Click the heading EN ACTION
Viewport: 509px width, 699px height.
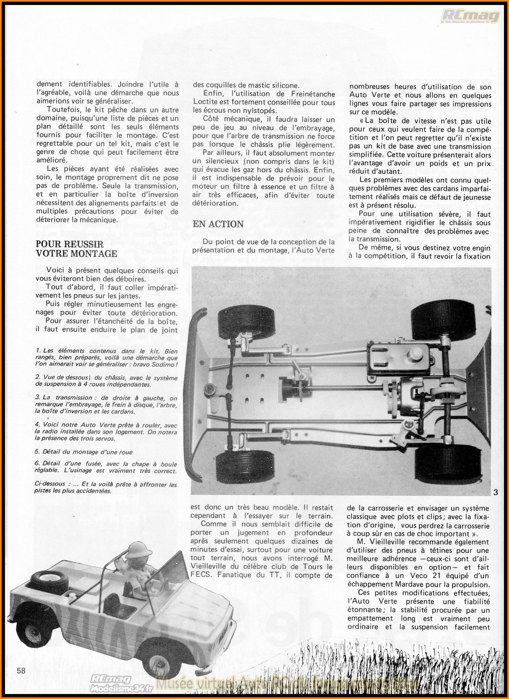coord(218,224)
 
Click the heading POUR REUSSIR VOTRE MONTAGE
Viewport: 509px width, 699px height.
coord(77,249)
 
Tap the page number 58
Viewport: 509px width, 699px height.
coord(21,670)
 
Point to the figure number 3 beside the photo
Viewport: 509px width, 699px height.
coord(496,493)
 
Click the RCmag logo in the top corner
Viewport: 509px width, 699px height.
coord(471,16)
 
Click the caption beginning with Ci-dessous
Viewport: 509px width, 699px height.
coord(106,487)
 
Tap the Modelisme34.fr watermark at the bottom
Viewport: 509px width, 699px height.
coord(121,688)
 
